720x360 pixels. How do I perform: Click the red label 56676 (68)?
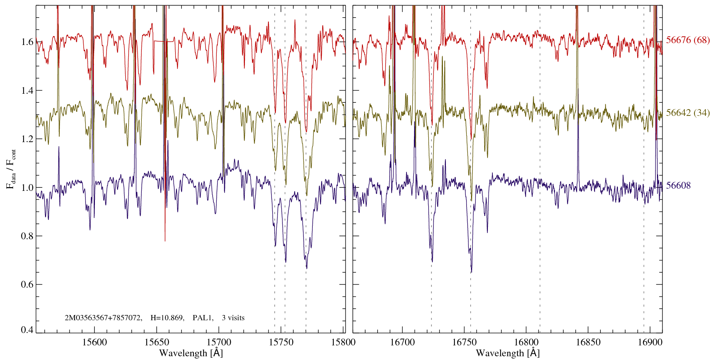[x=688, y=40]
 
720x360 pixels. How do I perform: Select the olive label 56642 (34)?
[x=688, y=113]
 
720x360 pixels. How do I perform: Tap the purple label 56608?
[x=678, y=186]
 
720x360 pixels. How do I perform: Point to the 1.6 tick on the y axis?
[x=27, y=42]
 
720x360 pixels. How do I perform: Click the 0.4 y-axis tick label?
[x=27, y=330]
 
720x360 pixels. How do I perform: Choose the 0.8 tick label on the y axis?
[x=27, y=236]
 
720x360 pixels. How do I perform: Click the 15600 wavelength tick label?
[x=94, y=342]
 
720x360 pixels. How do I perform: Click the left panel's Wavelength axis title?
[x=191, y=353]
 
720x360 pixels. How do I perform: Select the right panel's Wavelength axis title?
[x=508, y=353]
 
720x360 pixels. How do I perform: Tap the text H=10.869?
[x=167, y=318]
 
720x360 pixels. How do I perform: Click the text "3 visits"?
[x=233, y=318]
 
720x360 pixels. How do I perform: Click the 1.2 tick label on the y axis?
[x=27, y=139]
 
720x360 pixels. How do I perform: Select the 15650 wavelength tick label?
[x=157, y=342]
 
